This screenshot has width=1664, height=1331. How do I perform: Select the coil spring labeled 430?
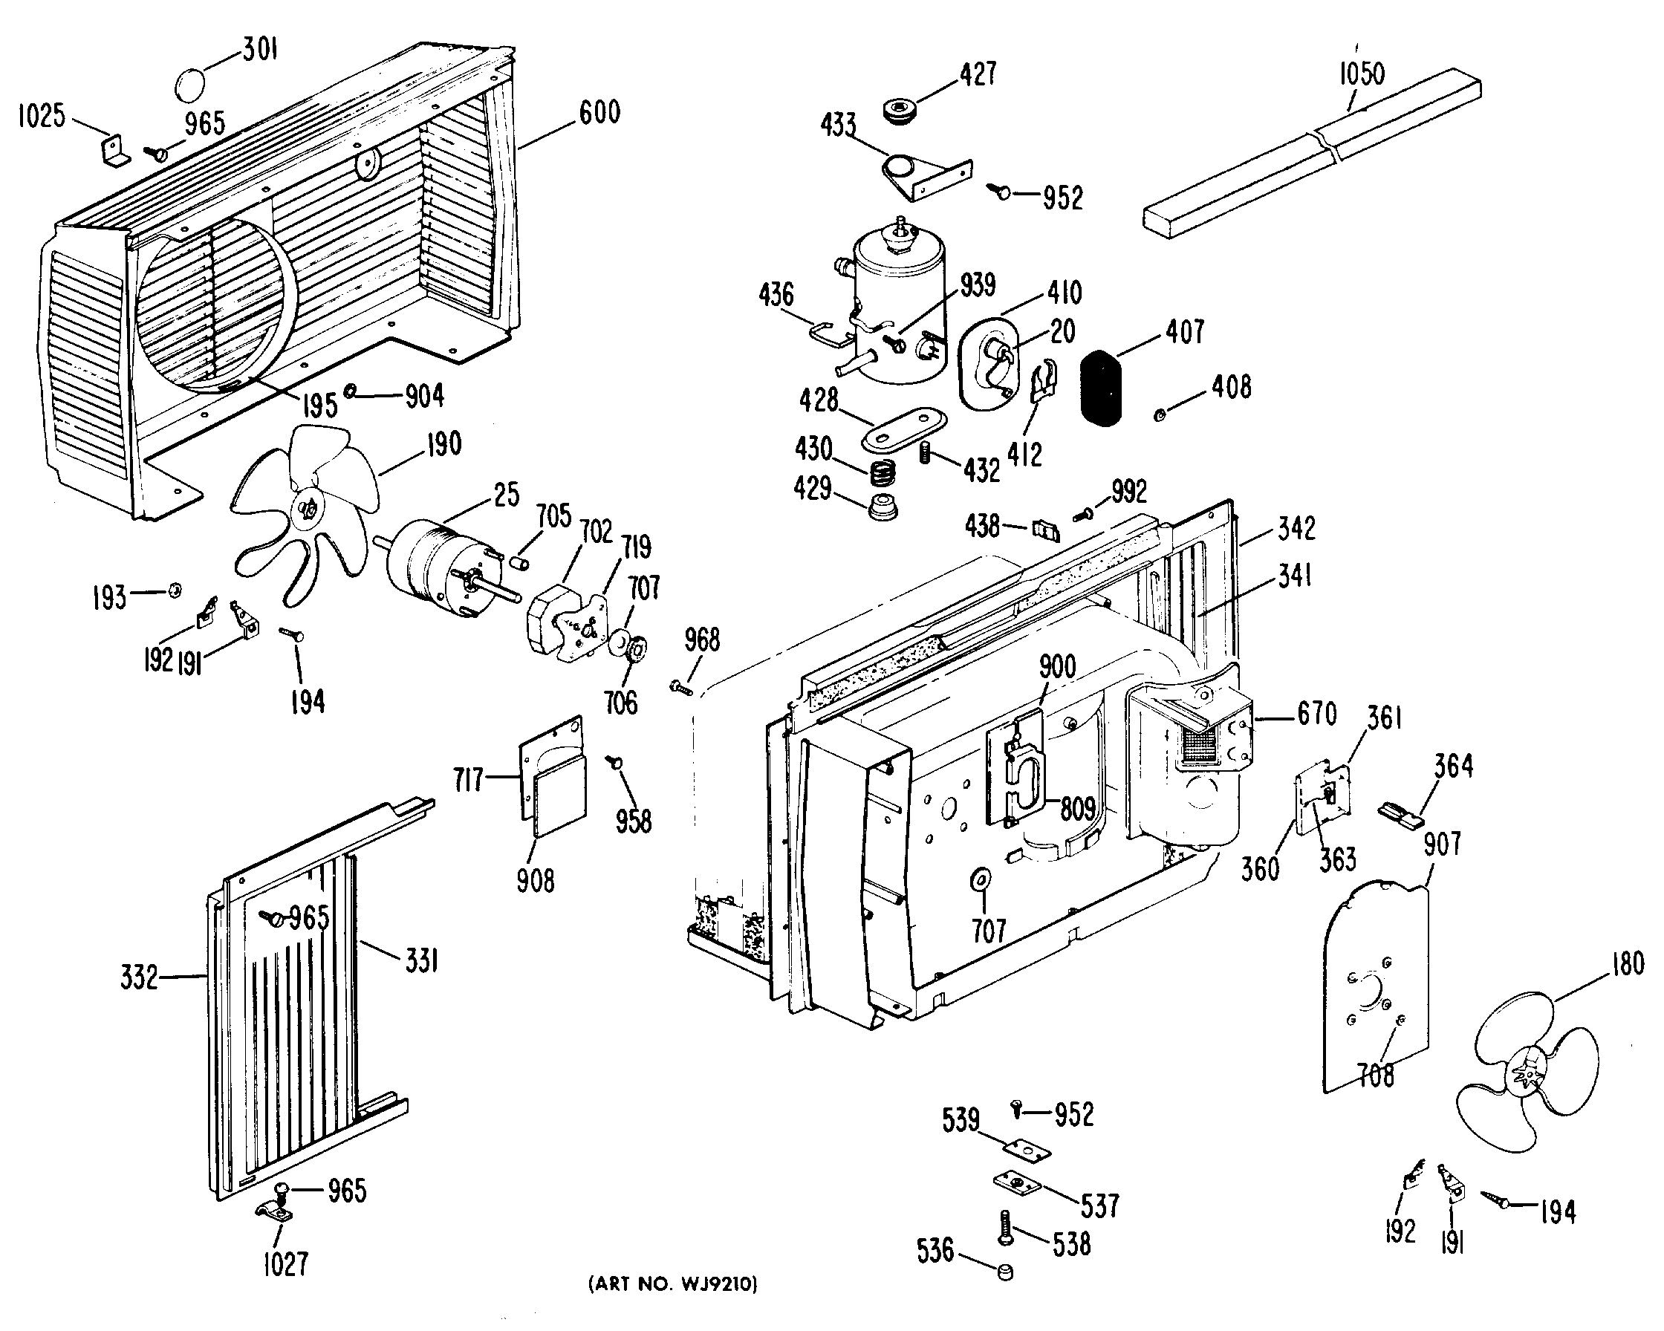(x=883, y=472)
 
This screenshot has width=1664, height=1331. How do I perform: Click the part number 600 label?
(x=599, y=113)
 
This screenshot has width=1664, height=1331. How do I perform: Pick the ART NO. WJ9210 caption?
(x=673, y=1285)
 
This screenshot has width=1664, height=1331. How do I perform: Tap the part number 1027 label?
(x=285, y=1265)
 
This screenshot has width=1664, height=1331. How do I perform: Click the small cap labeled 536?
(x=1004, y=1272)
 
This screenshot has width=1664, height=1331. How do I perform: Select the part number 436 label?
(x=776, y=295)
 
